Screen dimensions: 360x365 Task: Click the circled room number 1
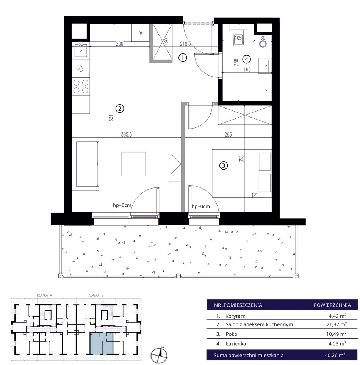pyautogui.click(x=183, y=58)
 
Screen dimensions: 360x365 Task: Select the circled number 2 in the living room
pyautogui.click(x=120, y=109)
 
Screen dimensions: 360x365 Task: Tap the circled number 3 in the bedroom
pyautogui.click(x=224, y=165)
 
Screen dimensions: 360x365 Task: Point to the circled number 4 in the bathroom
pyautogui.click(x=247, y=59)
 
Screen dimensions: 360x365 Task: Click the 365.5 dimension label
pyautogui.click(x=127, y=135)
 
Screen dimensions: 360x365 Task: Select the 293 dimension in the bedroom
pyautogui.click(x=228, y=135)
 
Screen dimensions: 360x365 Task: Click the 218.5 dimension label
pyautogui.click(x=185, y=44)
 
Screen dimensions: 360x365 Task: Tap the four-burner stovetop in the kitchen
pyautogui.click(x=81, y=87)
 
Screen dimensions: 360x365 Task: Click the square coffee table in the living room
pyautogui.click(x=134, y=164)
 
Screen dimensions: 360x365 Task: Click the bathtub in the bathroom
pyautogui.click(x=247, y=90)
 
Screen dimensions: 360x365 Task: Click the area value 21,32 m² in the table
pyautogui.click(x=337, y=324)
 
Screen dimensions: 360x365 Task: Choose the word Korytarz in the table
pyautogui.click(x=235, y=316)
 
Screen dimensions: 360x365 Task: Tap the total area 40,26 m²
pyautogui.click(x=335, y=355)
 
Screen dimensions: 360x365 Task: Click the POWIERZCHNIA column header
pyautogui.click(x=332, y=305)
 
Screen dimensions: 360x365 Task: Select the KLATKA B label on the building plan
pyautogui.click(x=96, y=295)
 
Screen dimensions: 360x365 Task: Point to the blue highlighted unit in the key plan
pyautogui.click(x=102, y=343)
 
